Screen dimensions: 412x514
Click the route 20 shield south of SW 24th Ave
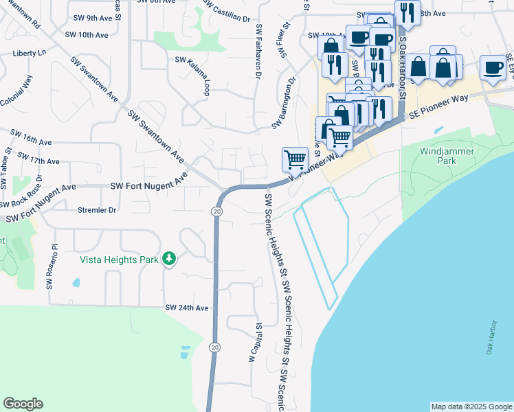click(215, 347)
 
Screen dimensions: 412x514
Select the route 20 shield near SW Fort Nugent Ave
click(217, 212)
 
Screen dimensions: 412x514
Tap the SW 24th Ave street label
click(186, 308)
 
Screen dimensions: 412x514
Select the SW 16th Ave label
click(31, 137)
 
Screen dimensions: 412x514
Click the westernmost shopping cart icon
click(295, 159)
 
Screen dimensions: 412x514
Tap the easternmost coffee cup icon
click(492, 67)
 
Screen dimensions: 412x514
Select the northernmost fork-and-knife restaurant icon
click(407, 12)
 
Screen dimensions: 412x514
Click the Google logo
click(23, 404)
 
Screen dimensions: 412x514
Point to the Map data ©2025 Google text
click(471, 407)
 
